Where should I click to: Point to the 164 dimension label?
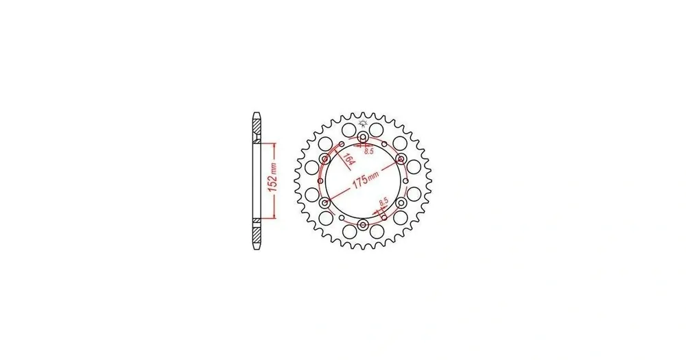tap(348, 159)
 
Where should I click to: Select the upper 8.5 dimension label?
tap(369, 152)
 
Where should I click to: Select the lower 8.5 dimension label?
tap(383, 202)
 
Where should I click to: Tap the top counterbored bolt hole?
tap(363, 137)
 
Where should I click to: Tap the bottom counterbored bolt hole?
tap(363, 225)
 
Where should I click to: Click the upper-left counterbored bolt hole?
tap(325, 159)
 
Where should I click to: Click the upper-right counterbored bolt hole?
tap(401, 159)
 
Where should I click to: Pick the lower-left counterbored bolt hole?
tap(325, 203)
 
